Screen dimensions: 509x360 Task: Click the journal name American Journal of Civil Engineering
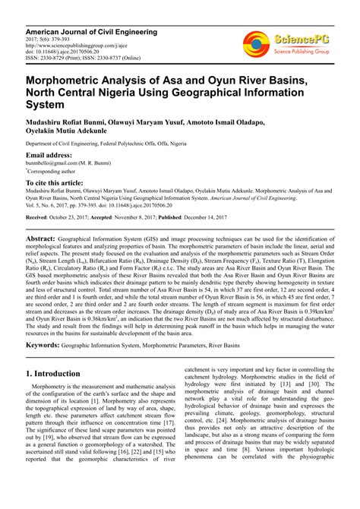pos(92,32)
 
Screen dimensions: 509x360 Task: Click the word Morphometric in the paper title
pos(74,82)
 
